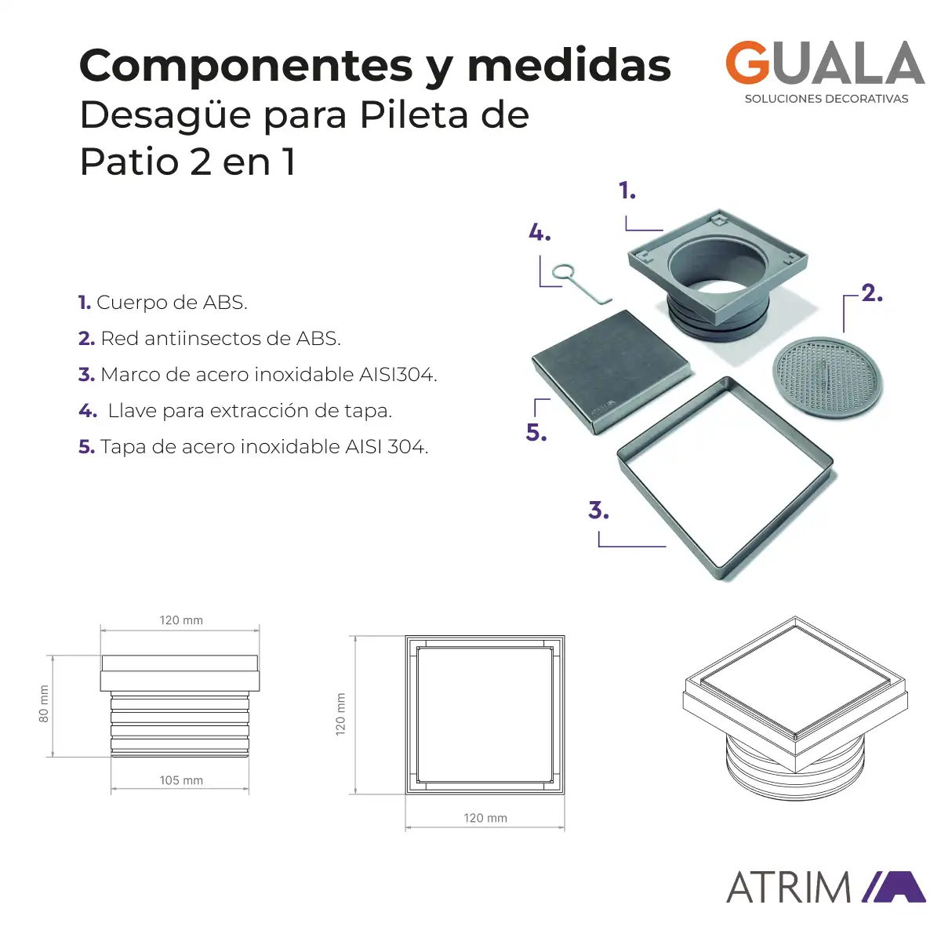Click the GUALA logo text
(825, 63)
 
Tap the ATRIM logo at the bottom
(826, 887)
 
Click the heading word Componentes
(246, 67)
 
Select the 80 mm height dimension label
(43, 703)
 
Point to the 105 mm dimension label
(181, 780)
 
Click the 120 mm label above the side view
(180, 620)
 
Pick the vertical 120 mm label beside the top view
(340, 714)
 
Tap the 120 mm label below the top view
(485, 818)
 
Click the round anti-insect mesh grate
(827, 376)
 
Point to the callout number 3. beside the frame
(598, 510)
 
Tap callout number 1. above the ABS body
(627, 191)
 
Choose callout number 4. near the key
(540, 232)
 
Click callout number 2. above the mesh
(872, 293)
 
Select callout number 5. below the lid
(536, 432)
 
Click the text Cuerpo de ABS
(172, 302)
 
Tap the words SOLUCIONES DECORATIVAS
(827, 99)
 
